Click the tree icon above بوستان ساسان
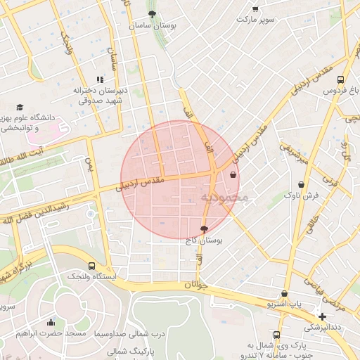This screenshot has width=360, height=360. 153,13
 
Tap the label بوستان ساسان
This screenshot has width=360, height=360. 152,25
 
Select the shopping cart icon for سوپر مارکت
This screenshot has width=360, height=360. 255,9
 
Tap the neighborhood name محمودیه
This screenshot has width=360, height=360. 224,198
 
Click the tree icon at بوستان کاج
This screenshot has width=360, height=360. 204,229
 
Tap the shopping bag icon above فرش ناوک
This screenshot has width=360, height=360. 301,184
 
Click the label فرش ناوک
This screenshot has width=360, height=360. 301,195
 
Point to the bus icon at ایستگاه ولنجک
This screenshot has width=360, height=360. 92,266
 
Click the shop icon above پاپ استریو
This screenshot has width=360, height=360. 284,294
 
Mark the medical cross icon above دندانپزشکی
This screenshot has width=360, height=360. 322,316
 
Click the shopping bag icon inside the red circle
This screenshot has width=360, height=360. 233,175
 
